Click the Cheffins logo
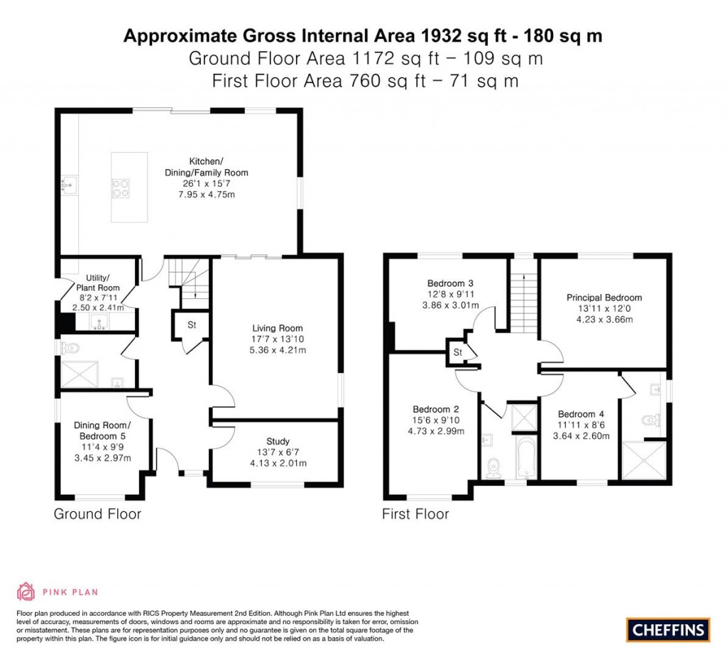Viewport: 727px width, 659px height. pyautogui.click(x=667, y=628)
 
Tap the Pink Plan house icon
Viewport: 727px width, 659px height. pyautogui.click(x=26, y=591)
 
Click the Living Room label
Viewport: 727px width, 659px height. pyautogui.click(x=278, y=328)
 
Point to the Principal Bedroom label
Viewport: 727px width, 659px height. pyautogui.click(x=603, y=298)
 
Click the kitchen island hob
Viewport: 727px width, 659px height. pyautogui.click(x=119, y=187)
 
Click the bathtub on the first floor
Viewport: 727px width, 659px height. pyautogui.click(x=526, y=457)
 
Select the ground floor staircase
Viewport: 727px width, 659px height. pyautogui.click(x=191, y=281)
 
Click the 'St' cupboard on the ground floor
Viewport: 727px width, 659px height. pyautogui.click(x=191, y=326)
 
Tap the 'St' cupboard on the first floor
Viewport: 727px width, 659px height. pyautogui.click(x=457, y=352)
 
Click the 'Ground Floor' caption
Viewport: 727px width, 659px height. pyautogui.click(x=97, y=513)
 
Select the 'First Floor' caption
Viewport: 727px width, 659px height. pyautogui.click(x=415, y=513)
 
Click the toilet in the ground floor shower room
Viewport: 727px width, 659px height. pyautogui.click(x=70, y=348)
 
